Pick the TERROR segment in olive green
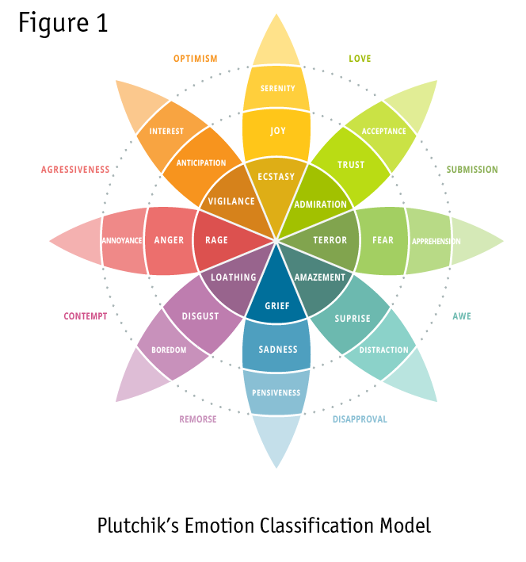[x=330, y=240]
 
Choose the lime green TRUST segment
[x=350, y=165]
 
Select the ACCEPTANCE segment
[x=383, y=132]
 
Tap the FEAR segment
[x=383, y=240]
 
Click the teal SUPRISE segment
[x=353, y=319]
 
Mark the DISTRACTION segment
[x=384, y=350]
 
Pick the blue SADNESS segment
[x=277, y=350]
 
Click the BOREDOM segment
[x=169, y=350]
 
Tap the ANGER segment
[x=169, y=240]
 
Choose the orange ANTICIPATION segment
[x=201, y=163]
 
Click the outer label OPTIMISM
[x=195, y=59]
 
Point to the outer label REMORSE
[x=197, y=419]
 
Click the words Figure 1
[x=63, y=23]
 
